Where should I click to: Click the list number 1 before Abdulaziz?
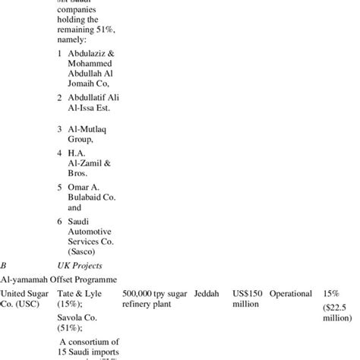coord(60,54)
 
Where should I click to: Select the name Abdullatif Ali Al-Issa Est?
coord(90,103)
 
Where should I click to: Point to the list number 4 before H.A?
coord(60,153)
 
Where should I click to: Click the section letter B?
coord(4,266)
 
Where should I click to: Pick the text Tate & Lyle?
coord(84,294)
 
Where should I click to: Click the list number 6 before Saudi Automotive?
coord(60,220)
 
